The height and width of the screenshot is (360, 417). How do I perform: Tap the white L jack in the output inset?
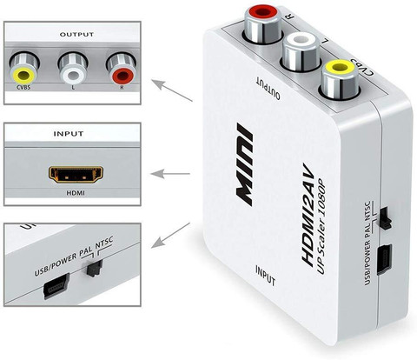(x=72, y=69)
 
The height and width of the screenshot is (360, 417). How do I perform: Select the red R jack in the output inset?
(x=122, y=69)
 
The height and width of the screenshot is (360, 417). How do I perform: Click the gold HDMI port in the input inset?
(x=76, y=174)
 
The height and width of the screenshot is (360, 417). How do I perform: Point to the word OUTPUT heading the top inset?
(x=76, y=34)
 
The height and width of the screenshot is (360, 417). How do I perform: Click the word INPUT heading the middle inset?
(x=69, y=134)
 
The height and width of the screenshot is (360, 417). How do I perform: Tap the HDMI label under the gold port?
(x=76, y=193)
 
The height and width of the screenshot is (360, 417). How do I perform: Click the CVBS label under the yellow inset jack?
(x=23, y=87)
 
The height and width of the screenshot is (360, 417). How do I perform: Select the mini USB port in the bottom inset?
(x=56, y=286)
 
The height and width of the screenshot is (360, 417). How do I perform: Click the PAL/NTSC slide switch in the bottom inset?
(x=95, y=269)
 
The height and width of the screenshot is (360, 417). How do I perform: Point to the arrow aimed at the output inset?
(x=172, y=90)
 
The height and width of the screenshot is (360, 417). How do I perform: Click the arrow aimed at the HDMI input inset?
(x=170, y=174)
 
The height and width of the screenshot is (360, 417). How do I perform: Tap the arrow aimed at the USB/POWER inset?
(x=170, y=236)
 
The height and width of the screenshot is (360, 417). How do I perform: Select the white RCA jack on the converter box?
(x=301, y=51)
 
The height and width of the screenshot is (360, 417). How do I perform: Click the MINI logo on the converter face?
(x=244, y=164)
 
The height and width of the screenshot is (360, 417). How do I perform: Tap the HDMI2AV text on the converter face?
(x=308, y=215)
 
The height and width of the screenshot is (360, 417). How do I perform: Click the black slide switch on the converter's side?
(x=385, y=218)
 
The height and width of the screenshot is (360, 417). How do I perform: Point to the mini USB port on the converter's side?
(x=385, y=259)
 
